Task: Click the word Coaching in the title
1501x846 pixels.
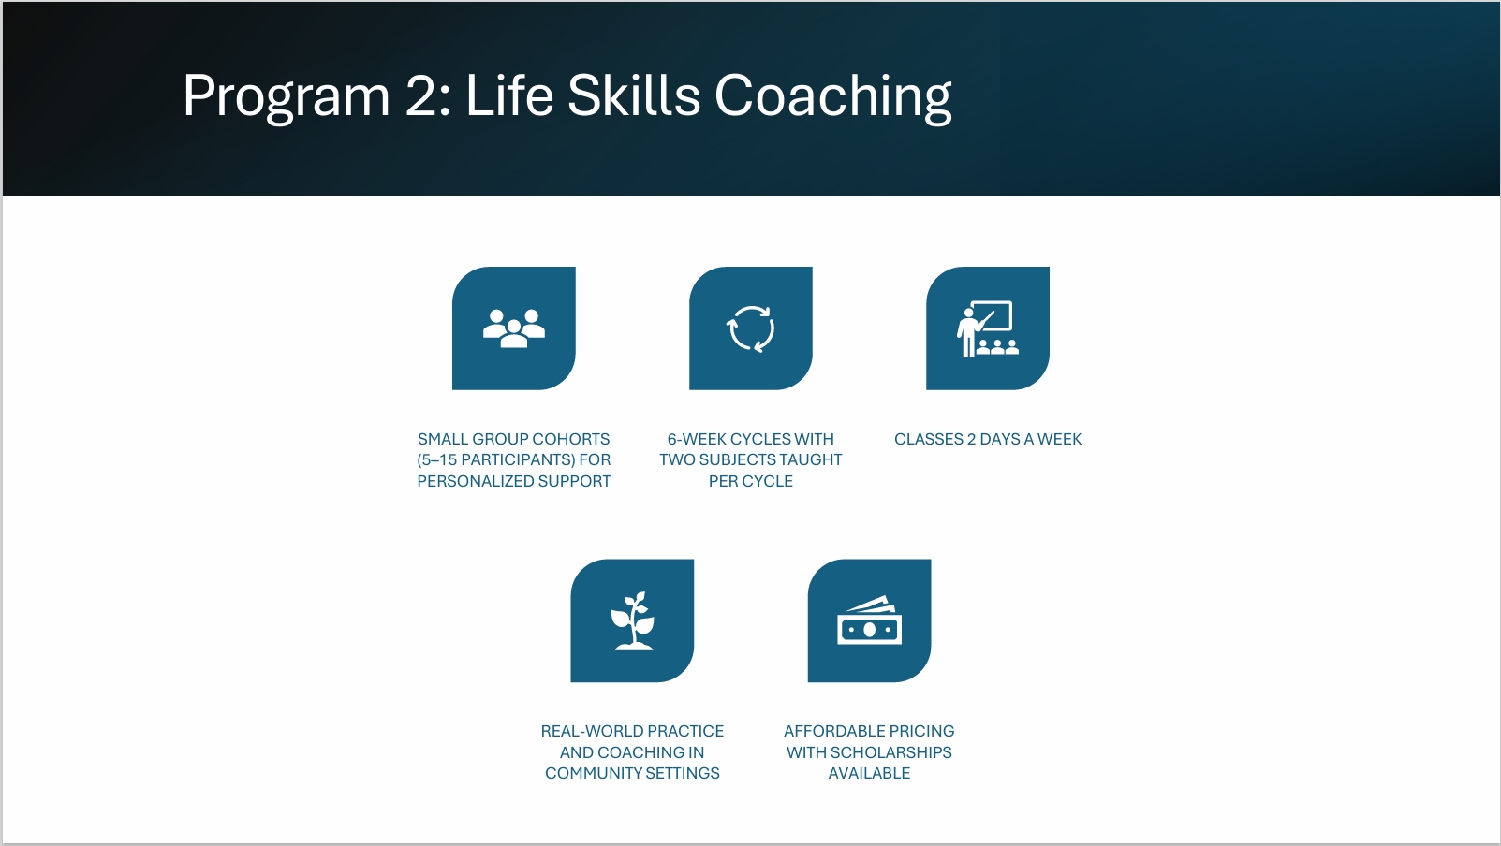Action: point(832,97)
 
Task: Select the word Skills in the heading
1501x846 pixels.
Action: point(633,95)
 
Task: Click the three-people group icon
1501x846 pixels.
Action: point(514,328)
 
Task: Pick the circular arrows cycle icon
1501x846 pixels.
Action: point(751,328)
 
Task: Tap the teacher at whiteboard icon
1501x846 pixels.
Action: point(988,328)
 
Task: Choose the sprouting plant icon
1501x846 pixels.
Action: point(633,621)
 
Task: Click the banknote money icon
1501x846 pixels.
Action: point(869,621)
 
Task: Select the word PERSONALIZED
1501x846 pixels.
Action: point(471,482)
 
